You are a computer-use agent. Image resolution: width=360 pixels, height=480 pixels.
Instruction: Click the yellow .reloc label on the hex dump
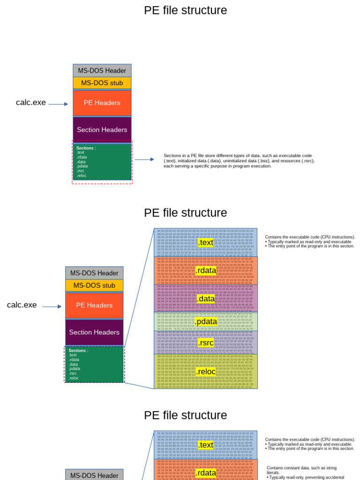coord(206,372)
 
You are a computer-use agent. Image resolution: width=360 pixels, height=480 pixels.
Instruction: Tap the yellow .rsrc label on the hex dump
coord(206,343)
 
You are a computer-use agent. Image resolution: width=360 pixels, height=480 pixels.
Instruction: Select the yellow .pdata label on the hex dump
coord(206,322)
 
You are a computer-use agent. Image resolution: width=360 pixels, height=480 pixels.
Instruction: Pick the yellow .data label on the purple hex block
coord(206,299)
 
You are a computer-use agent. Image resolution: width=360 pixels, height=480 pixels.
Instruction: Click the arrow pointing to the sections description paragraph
coord(144,159)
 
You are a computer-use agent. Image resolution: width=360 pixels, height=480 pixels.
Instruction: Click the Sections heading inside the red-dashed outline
coord(86,148)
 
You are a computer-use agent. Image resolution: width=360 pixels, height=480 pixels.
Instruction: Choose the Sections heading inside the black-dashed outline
coord(78,351)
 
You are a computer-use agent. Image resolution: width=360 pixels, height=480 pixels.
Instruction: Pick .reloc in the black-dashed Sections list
coord(74,378)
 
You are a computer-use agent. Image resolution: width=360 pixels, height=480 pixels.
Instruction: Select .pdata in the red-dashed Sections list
coord(82,166)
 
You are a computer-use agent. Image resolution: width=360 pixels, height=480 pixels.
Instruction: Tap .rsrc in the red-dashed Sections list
coord(81,171)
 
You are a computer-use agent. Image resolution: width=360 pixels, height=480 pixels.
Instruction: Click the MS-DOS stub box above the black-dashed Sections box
coord(94,285)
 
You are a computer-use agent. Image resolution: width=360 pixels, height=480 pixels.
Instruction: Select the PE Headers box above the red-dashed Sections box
coord(102,103)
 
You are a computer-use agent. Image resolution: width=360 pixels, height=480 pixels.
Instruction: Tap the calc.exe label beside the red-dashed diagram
coord(31,103)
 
